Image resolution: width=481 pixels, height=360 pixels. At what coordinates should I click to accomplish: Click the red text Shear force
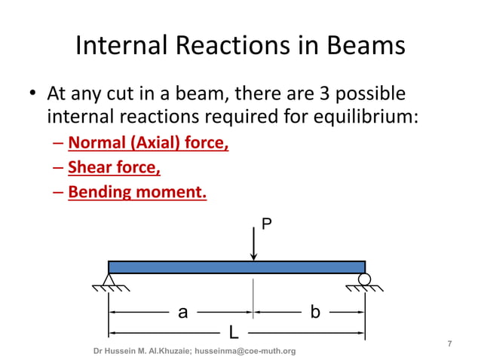(x=114, y=167)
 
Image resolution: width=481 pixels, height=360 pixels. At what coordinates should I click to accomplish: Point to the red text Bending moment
(x=137, y=192)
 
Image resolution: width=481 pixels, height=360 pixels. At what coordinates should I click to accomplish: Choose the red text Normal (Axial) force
(x=149, y=142)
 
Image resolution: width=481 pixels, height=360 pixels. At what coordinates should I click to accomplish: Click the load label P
(x=265, y=224)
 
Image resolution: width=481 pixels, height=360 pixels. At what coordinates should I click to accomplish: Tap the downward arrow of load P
(x=254, y=244)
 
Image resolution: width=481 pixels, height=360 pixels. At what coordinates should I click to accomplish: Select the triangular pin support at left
(x=109, y=280)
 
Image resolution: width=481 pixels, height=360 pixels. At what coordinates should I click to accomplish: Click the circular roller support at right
(x=364, y=279)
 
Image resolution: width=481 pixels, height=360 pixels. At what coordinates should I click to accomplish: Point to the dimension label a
(x=182, y=312)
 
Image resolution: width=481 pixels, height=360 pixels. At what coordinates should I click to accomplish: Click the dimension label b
(x=314, y=312)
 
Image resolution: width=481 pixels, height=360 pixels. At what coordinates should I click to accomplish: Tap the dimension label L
(x=234, y=332)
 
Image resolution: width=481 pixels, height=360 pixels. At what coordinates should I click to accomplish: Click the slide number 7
(x=450, y=343)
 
